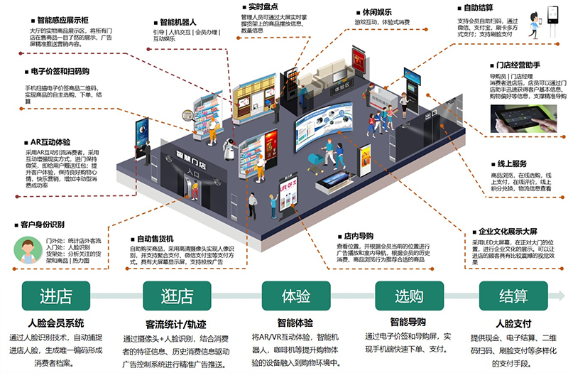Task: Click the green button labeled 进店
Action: pos(57,294)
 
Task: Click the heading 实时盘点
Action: pos(259,6)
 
